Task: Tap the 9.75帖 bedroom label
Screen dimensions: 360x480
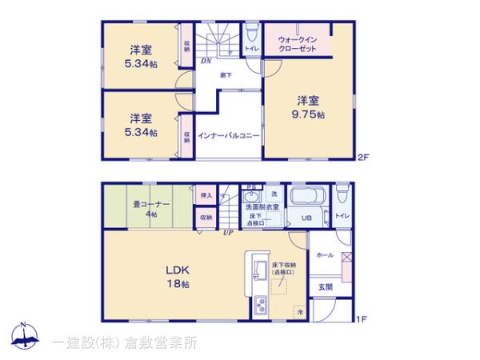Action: (x=310, y=107)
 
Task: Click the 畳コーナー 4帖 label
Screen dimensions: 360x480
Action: (x=152, y=208)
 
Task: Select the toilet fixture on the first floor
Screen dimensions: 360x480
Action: (x=342, y=194)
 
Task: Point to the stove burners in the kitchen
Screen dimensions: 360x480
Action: (x=262, y=306)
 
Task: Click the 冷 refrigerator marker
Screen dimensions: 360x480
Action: (x=299, y=310)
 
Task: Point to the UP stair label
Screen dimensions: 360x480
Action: (x=228, y=233)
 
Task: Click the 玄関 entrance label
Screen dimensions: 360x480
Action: (x=326, y=286)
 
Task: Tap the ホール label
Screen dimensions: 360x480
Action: (x=325, y=254)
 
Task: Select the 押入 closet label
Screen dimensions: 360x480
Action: (x=206, y=194)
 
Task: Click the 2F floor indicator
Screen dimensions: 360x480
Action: (x=362, y=158)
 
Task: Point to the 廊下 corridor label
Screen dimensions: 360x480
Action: (x=227, y=74)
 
